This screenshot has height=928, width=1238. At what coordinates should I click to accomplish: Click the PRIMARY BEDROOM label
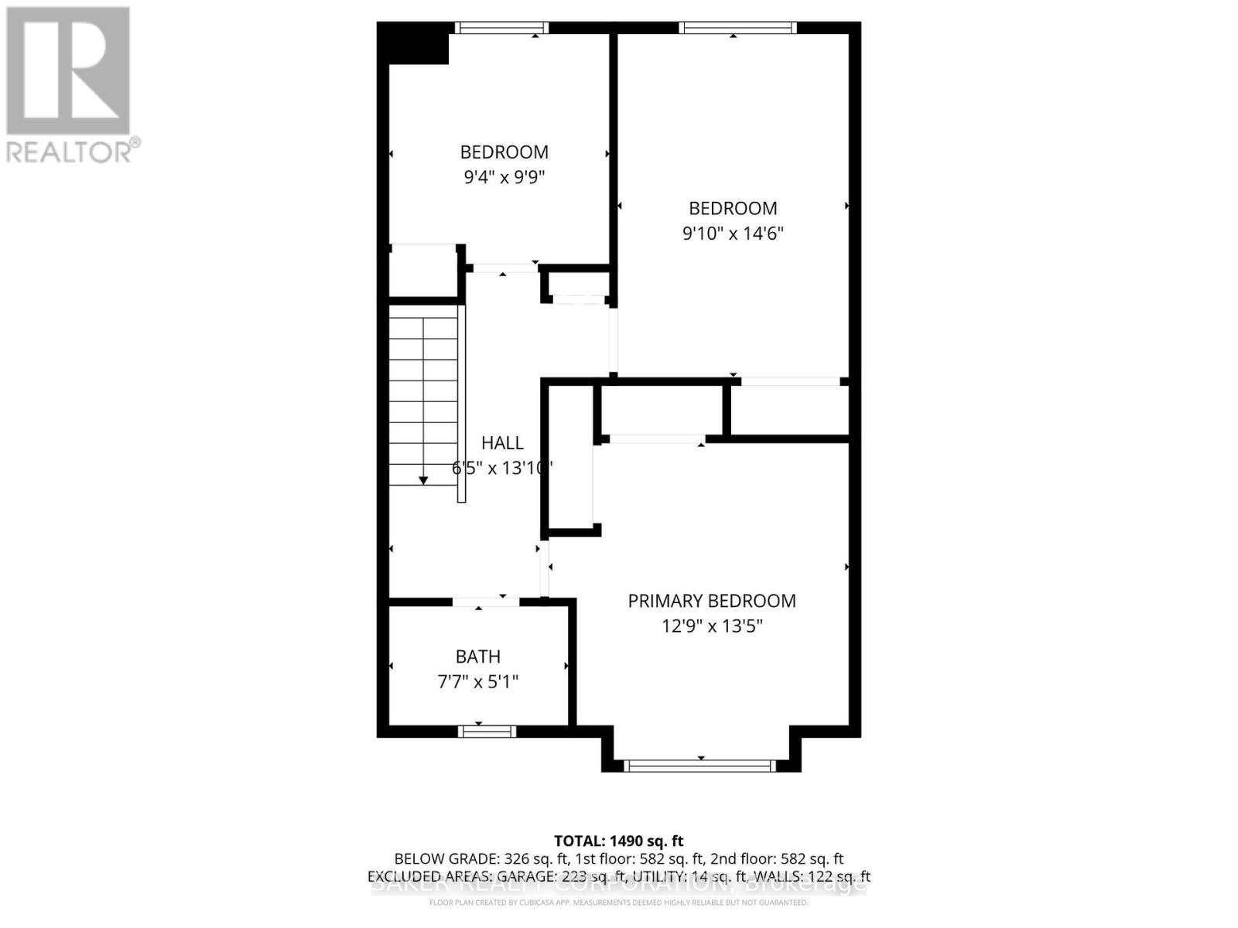click(x=711, y=601)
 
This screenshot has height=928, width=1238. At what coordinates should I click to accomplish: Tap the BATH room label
click(x=477, y=657)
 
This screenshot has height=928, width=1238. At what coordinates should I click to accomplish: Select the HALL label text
click(x=502, y=443)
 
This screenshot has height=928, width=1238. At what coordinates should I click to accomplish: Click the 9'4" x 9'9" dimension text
click(x=504, y=177)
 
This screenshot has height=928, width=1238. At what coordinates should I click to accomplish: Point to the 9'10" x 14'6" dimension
click(x=732, y=233)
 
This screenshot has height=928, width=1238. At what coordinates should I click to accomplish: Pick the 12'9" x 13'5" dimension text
click(x=711, y=626)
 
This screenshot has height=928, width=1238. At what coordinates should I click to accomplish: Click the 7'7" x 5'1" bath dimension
click(x=477, y=681)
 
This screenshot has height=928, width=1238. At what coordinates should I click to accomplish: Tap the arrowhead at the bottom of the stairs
click(x=423, y=480)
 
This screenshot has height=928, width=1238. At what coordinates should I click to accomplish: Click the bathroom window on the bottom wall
click(x=486, y=731)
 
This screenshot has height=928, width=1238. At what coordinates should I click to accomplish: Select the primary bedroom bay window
click(x=699, y=766)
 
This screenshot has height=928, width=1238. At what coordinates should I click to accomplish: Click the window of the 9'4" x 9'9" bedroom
click(x=501, y=28)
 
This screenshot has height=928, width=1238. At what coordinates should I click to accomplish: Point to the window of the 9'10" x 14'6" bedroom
click(x=737, y=28)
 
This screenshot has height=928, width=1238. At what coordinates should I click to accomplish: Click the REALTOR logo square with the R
click(x=68, y=71)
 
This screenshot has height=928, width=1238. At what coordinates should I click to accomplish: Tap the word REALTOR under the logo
click(x=70, y=151)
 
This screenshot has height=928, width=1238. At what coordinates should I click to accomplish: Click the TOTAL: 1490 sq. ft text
click(x=618, y=841)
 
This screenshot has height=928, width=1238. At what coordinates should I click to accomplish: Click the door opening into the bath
click(x=486, y=602)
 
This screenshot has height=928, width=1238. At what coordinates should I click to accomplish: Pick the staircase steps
click(x=423, y=394)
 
